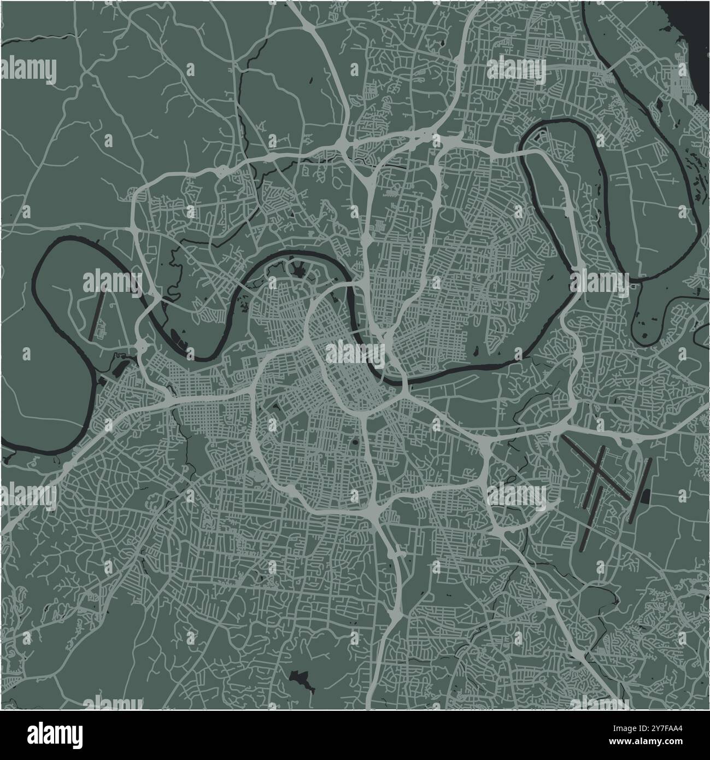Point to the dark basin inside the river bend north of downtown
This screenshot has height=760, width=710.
point(298,270)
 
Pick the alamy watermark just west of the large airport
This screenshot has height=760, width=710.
point(517,494)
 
